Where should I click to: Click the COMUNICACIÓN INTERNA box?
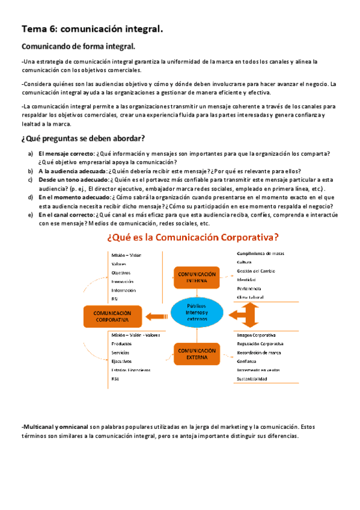(198, 277)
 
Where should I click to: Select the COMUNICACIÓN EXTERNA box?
(198, 354)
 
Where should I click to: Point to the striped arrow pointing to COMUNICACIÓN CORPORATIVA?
(156, 314)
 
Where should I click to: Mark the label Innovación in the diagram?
(123, 281)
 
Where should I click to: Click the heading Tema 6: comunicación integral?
(93, 28)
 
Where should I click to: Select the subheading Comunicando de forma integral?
(78, 46)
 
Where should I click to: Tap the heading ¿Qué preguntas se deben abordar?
(83, 139)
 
